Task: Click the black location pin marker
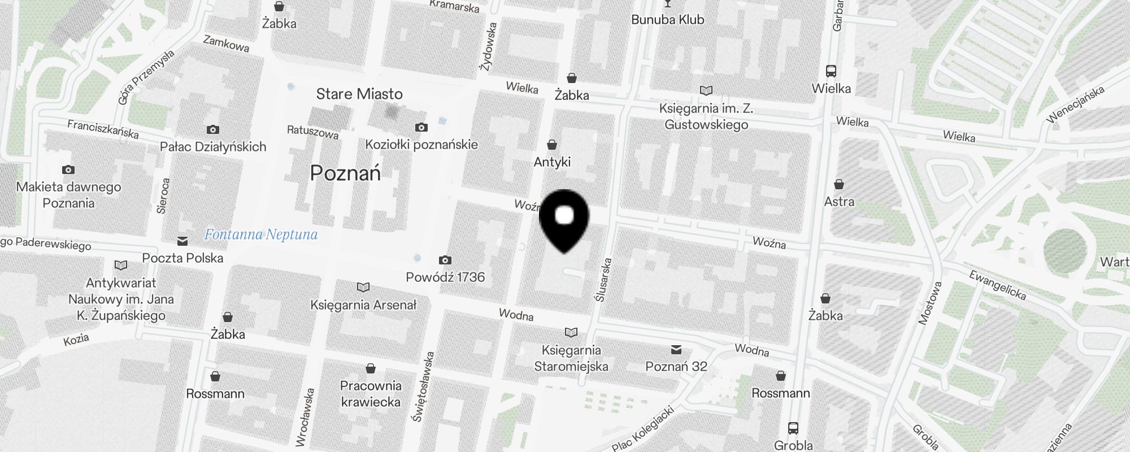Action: [x=564, y=219]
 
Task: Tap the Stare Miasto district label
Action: [x=359, y=94]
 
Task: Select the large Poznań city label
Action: [x=345, y=173]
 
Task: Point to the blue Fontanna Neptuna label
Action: [x=261, y=234]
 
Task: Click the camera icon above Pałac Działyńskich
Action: [x=213, y=130]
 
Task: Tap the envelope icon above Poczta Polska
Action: [x=182, y=242]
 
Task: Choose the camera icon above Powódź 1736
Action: [x=445, y=260]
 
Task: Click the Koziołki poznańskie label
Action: [x=421, y=145]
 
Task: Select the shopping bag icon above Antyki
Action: [x=552, y=145]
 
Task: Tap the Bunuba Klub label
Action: [x=668, y=20]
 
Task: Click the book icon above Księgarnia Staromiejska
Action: [x=571, y=332]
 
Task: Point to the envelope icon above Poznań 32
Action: [x=676, y=350]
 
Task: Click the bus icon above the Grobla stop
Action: [x=793, y=428]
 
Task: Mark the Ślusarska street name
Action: [x=603, y=280]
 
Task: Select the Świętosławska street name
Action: [x=423, y=386]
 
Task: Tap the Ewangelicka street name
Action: [x=997, y=285]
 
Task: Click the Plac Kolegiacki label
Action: [x=643, y=429]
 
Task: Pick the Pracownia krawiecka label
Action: [x=371, y=394]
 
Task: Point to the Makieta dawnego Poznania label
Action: [x=68, y=195]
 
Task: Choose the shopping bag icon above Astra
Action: [x=839, y=185]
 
